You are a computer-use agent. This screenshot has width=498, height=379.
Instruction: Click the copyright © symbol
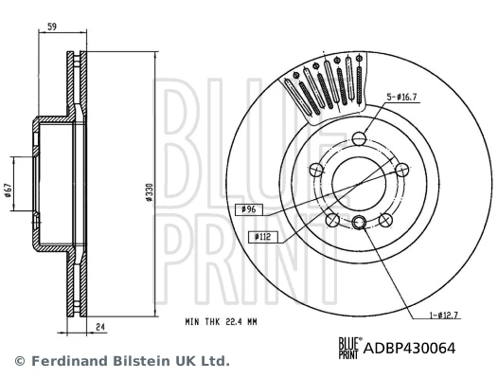[18, 361]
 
